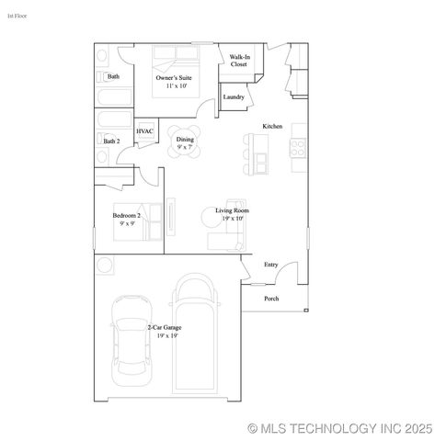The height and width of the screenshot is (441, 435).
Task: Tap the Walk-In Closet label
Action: pos(239,62)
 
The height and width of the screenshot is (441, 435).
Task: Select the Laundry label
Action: pos(234,96)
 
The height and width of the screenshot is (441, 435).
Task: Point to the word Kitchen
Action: pos(272,126)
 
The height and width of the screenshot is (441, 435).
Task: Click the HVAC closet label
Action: pos(145,131)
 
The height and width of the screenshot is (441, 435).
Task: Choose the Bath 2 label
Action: pos(111,141)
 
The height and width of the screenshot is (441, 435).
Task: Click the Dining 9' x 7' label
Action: pos(185,142)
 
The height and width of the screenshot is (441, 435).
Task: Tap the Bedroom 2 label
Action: pos(126,219)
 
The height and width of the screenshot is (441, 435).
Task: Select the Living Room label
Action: pos(232,214)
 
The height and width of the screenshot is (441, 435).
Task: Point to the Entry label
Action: pos(271,265)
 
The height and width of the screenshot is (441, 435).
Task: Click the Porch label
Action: pos(271,299)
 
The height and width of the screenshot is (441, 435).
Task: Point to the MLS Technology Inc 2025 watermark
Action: pos(340,428)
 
